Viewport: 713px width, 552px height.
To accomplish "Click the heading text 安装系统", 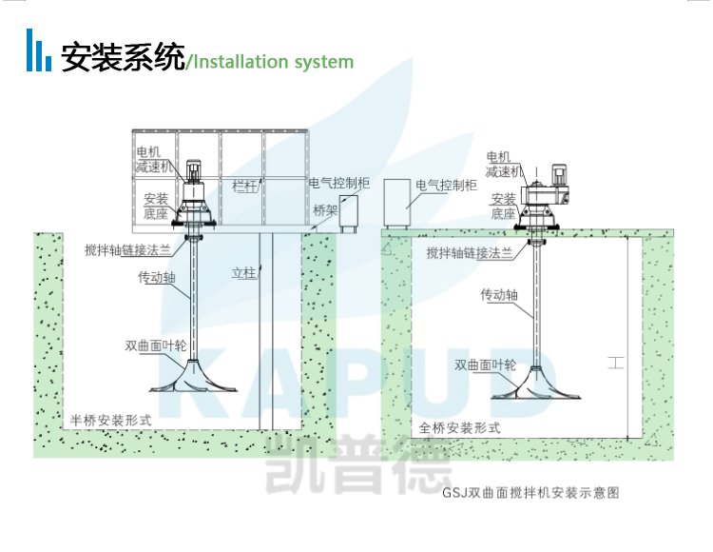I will click(x=123, y=59).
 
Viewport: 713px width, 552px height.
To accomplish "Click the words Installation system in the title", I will click(x=272, y=62).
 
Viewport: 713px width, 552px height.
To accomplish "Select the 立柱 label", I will click(x=244, y=273).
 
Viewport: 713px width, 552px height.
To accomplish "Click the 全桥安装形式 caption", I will click(x=460, y=428).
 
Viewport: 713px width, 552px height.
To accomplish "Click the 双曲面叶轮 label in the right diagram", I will click(x=484, y=364).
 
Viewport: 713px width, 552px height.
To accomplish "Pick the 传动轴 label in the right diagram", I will click(x=499, y=294).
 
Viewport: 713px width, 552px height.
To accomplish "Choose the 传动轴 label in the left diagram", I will click(x=156, y=278).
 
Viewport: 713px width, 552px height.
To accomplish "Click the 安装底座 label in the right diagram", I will click(x=504, y=206).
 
